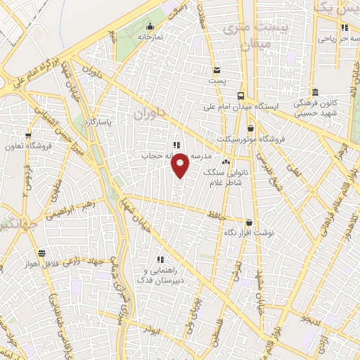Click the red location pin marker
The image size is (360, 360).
click(181, 167)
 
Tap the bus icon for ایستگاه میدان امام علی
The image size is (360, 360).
click(241, 96)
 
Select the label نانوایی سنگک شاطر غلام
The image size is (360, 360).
click(219, 177)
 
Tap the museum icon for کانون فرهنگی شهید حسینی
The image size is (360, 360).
click(314, 93)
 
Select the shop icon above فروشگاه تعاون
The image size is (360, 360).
click(28, 136)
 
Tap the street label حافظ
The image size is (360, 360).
click(217, 213)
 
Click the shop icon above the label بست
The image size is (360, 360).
click(217, 70)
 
